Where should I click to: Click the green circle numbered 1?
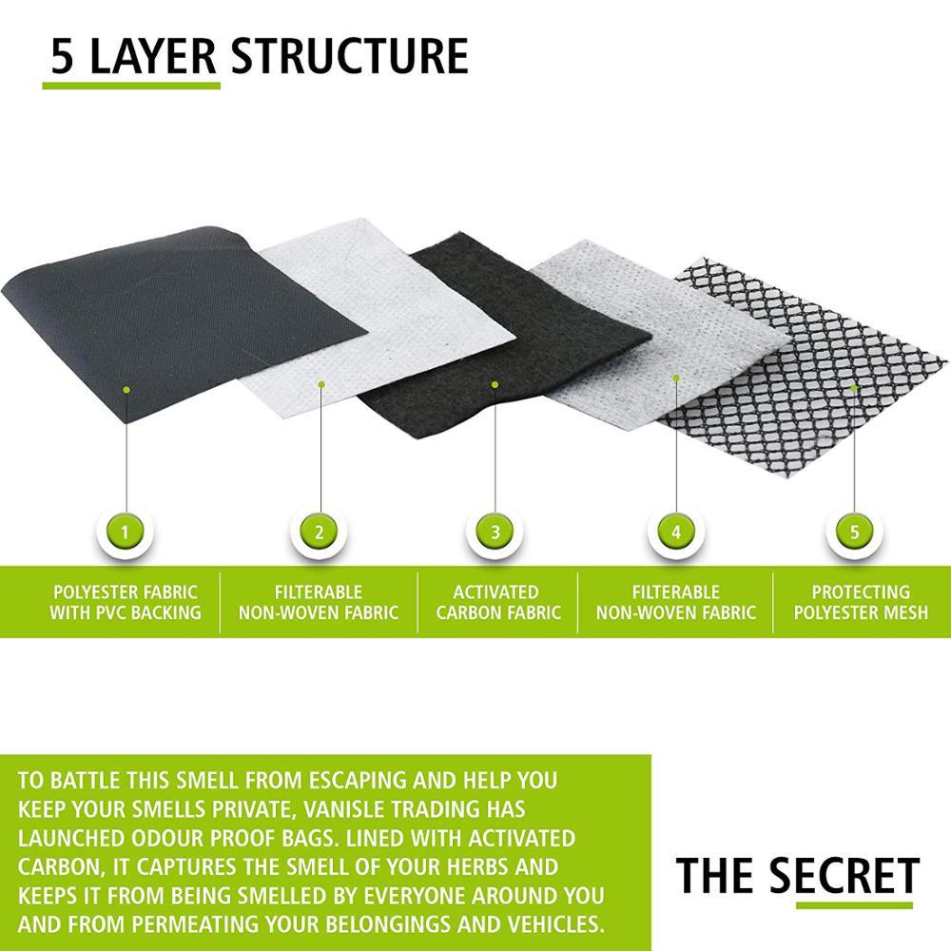(x=125, y=533)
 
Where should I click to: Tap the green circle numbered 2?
(x=319, y=533)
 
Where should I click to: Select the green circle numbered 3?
(x=495, y=533)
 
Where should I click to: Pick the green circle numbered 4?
(x=675, y=533)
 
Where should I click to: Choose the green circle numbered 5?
(x=854, y=533)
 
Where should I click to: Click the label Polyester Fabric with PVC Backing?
(x=126, y=602)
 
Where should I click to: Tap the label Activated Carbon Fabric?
(x=498, y=602)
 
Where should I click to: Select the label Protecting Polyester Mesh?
(x=861, y=602)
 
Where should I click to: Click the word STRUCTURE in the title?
(x=349, y=56)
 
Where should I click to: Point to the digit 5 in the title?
(x=62, y=56)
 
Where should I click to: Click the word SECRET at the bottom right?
(x=844, y=875)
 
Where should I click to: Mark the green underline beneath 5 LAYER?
(x=131, y=86)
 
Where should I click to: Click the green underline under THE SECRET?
(x=854, y=905)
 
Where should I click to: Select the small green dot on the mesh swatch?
(x=854, y=388)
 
